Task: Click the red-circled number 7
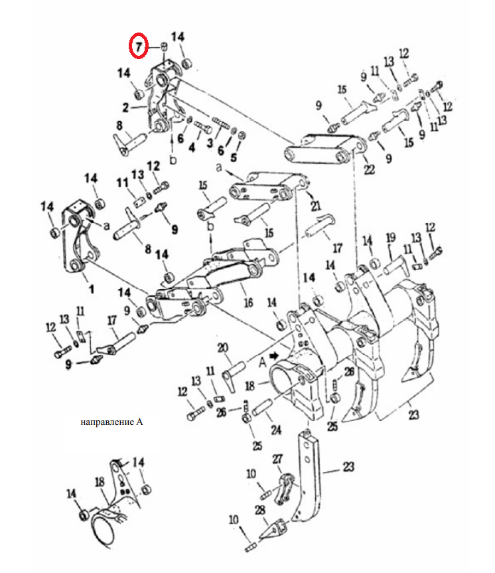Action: (x=139, y=46)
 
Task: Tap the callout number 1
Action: (x=92, y=289)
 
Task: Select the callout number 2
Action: (x=125, y=108)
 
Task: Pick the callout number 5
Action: (x=234, y=157)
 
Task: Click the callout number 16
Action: (x=248, y=302)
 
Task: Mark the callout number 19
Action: (x=391, y=238)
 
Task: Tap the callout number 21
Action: (x=316, y=206)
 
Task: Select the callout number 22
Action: (x=370, y=169)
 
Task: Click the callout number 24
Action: (x=276, y=430)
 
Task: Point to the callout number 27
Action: (x=277, y=459)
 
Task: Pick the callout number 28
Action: (x=259, y=510)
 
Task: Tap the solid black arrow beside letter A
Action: (x=274, y=356)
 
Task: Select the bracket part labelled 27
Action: (x=285, y=488)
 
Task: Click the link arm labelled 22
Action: (x=324, y=149)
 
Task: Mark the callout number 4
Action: (x=192, y=147)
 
